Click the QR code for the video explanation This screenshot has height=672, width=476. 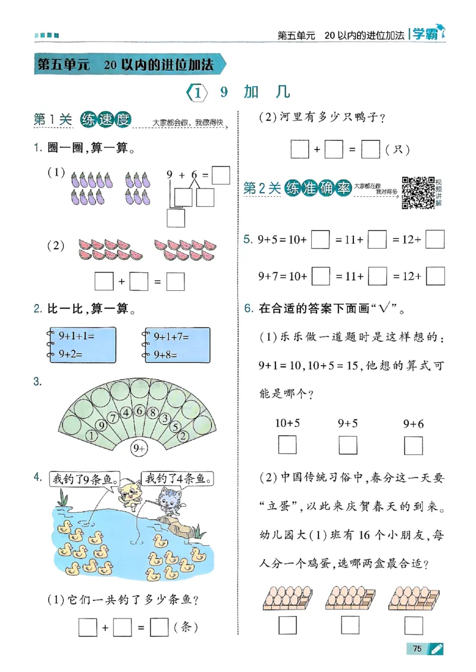[418, 193]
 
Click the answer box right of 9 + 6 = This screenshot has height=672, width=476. [221, 175]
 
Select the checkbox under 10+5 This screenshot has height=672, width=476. [287, 445]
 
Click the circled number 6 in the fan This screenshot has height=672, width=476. [139, 410]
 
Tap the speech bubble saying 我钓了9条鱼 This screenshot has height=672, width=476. [84, 479]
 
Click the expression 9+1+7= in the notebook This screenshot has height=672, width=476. [171, 337]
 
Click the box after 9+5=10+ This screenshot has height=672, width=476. [320, 240]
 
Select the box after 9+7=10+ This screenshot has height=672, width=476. [320, 277]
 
